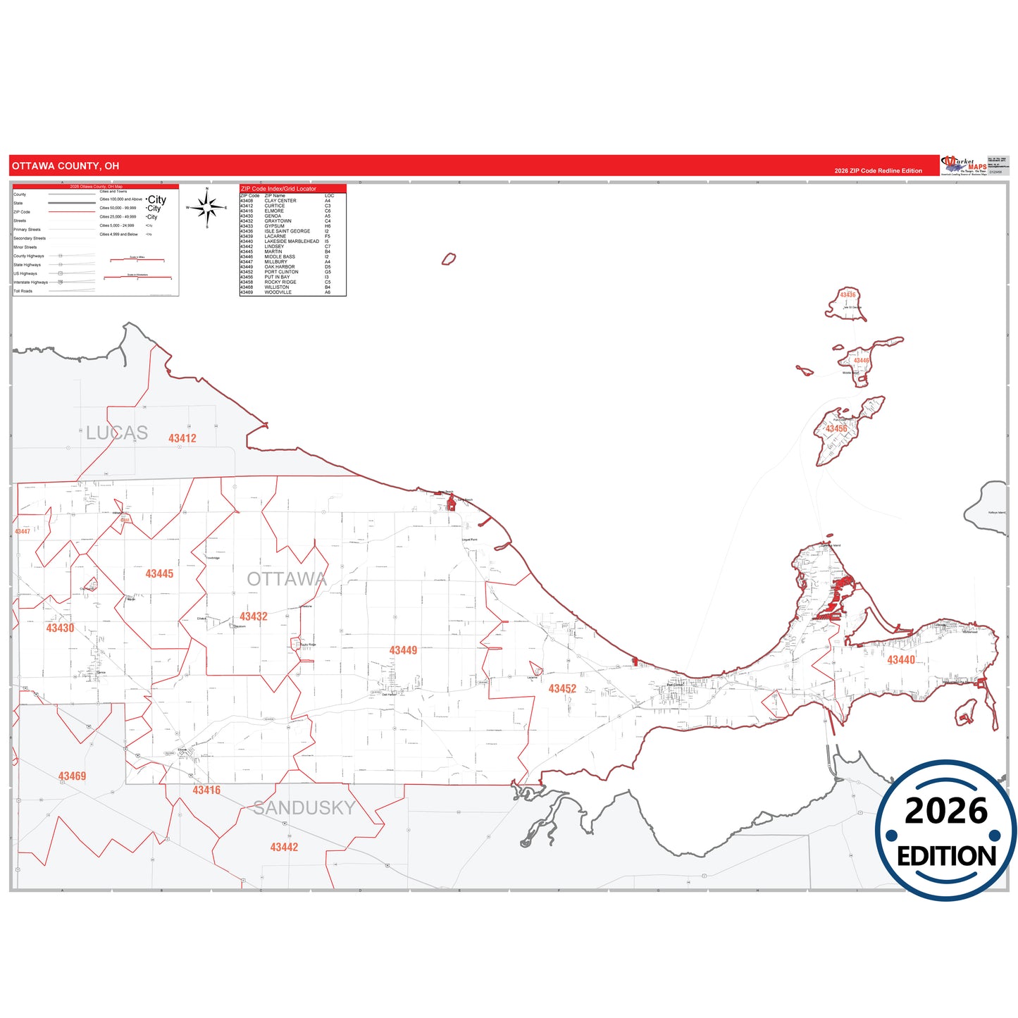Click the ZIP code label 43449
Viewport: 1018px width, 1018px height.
coord(403,650)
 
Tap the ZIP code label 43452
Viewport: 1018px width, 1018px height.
coord(562,689)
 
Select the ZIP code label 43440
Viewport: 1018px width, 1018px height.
coord(901,660)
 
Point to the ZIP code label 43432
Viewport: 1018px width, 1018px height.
coord(254,616)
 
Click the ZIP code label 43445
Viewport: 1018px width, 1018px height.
coord(159,574)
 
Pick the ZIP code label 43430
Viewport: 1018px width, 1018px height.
coord(60,628)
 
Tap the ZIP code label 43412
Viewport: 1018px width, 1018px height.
coord(182,438)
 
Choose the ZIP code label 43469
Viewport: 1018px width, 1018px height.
coord(72,776)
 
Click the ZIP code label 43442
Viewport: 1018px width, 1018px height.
coord(284,848)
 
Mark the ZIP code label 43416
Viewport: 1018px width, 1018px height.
coord(206,790)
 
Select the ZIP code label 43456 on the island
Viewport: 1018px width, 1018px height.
coord(836,429)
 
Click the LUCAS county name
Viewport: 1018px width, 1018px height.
coord(117,433)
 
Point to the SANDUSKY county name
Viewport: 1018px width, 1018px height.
coord(304,808)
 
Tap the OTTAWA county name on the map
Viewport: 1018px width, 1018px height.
coord(287,579)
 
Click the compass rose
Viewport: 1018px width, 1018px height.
coord(207,208)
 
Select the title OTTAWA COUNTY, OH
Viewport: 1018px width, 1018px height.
coord(66,166)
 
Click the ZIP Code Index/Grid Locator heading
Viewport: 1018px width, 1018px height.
coord(278,189)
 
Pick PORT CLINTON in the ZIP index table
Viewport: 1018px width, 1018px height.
coord(281,272)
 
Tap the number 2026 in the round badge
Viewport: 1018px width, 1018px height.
coord(946,811)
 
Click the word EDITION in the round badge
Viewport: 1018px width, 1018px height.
coord(946,856)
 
